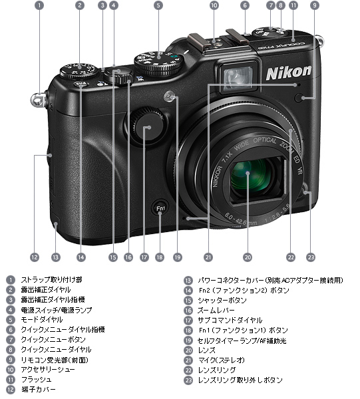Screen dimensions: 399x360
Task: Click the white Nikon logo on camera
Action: [289, 70]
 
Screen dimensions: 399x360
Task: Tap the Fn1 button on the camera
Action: [160, 208]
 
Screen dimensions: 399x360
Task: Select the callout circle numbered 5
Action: [158, 5]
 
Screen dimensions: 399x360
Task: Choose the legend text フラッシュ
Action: [36, 379]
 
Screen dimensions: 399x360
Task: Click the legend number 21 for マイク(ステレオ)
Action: [188, 360]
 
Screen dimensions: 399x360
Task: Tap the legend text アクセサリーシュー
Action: [47, 369]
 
